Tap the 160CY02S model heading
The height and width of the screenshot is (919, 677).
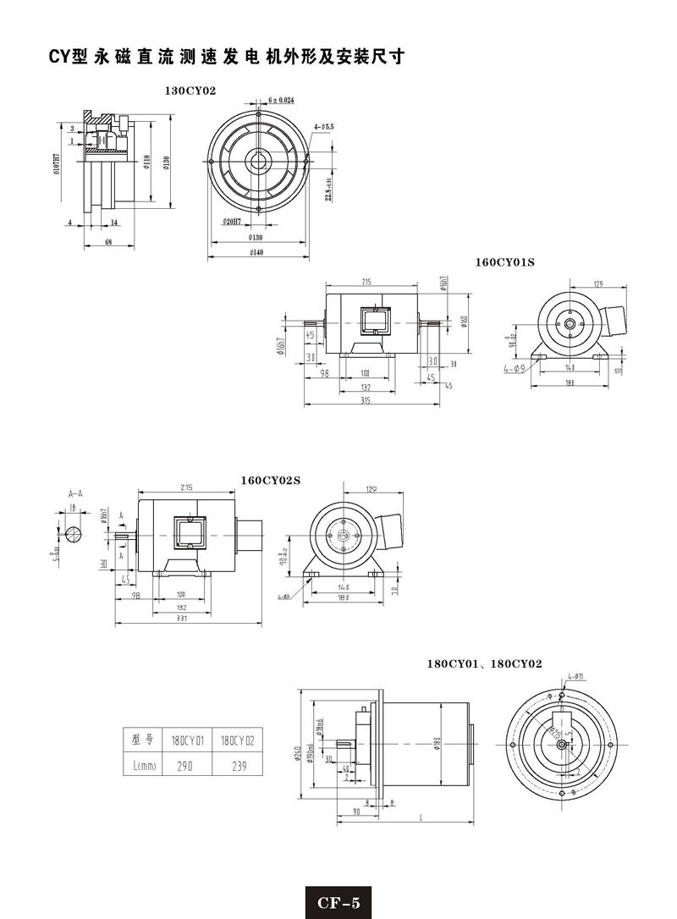[x=271, y=480]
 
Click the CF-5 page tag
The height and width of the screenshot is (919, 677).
[x=338, y=902]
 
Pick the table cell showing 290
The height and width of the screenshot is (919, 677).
[x=187, y=765]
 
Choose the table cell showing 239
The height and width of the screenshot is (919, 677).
[x=237, y=765]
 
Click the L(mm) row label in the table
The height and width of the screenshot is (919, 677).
[x=140, y=765]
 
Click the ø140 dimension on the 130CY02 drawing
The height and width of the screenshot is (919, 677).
[x=255, y=252]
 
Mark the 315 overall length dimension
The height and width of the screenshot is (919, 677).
[x=366, y=399]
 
